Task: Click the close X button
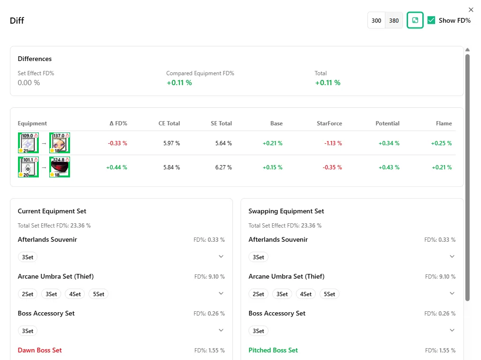pos(471,10)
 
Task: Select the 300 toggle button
pos(376,20)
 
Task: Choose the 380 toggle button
pos(394,20)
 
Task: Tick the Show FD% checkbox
pos(431,20)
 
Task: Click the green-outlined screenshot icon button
pos(415,20)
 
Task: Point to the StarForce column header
pos(329,123)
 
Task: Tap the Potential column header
pos(387,123)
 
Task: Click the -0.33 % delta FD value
pos(117,143)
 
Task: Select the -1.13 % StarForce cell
pos(333,143)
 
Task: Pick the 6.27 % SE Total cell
pos(223,167)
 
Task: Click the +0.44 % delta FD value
pos(116,167)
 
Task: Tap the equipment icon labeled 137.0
pos(60,143)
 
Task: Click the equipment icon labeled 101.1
pos(28,167)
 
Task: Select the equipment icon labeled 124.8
pos(60,167)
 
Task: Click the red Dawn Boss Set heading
pos(40,350)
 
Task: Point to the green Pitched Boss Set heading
pos(273,350)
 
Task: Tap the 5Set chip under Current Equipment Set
pos(98,294)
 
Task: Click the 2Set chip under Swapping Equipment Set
pos(258,294)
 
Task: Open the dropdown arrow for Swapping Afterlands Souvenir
pos(452,256)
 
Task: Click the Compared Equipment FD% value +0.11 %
pos(179,83)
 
